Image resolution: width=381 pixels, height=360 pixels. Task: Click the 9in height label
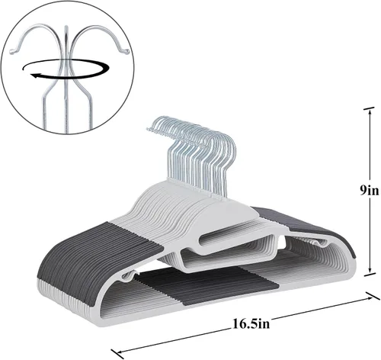pos(369,191)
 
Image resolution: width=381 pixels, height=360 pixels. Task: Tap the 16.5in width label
pos(251,324)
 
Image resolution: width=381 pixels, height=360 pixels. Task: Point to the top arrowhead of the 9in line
pos(370,112)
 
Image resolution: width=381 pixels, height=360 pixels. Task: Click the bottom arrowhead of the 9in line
pos(370,271)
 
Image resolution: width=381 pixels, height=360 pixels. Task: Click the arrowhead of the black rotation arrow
pos(35,76)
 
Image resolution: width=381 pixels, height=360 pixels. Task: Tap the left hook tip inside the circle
pos(12,51)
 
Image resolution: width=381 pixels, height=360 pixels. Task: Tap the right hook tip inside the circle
pos(126,52)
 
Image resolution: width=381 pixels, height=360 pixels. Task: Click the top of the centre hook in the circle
pos(66,27)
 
